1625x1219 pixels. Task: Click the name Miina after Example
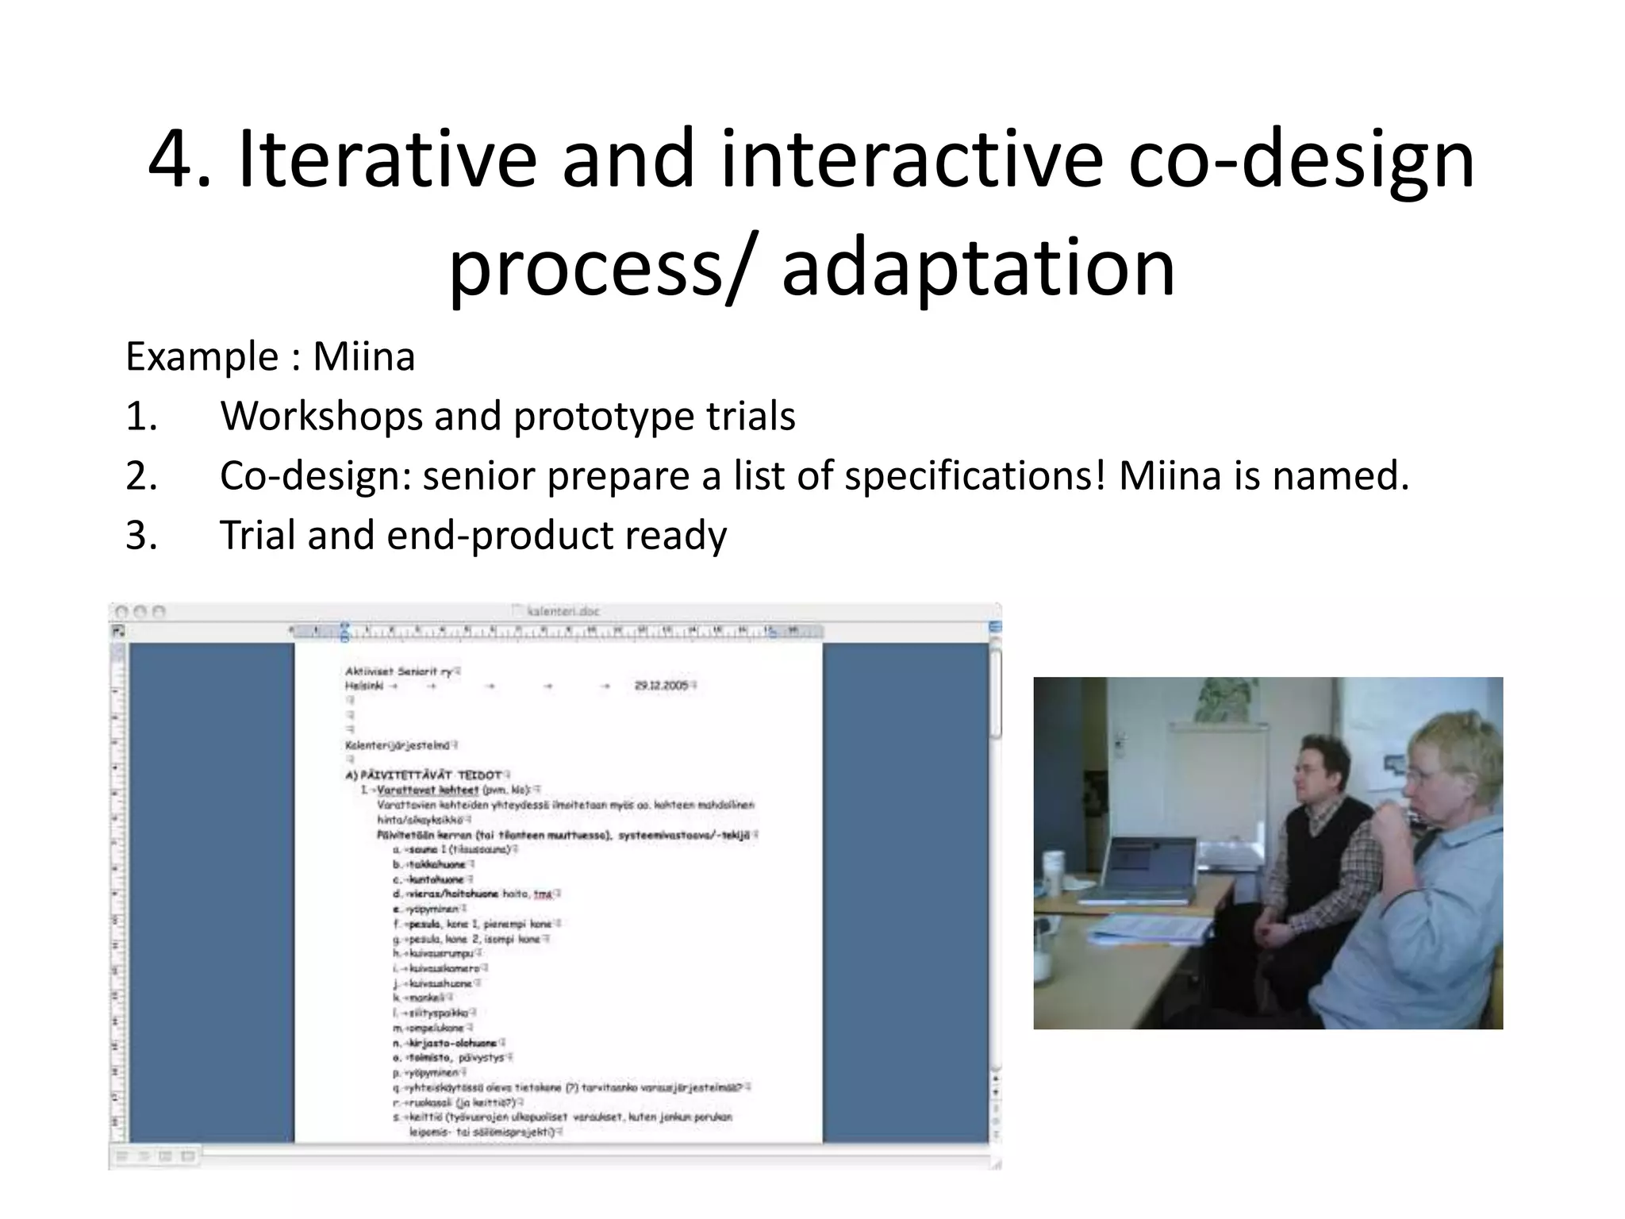pyautogui.click(x=363, y=356)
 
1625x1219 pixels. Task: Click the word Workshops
pyautogui.click(x=321, y=417)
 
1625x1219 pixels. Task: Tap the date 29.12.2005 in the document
pyautogui.click(x=663, y=685)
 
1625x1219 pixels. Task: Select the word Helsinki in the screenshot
pyautogui.click(x=364, y=685)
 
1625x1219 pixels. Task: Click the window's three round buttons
pyautogui.click(x=140, y=612)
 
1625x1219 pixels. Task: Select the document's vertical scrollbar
pyautogui.click(x=996, y=873)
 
